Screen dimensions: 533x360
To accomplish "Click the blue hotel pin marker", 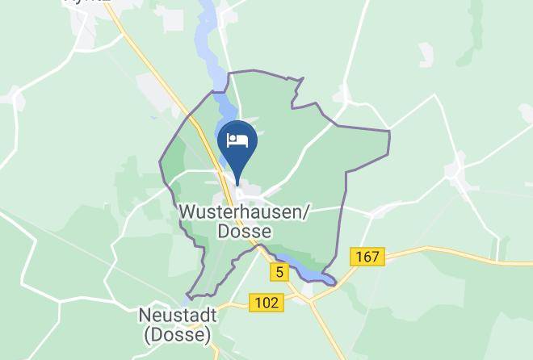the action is (x=237, y=145).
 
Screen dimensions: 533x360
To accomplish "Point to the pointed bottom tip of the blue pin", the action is (x=237, y=183).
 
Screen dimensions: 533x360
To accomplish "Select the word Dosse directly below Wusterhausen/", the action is (x=244, y=231).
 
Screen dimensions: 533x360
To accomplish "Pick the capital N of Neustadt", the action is (x=144, y=314).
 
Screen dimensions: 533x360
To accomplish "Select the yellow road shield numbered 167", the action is (x=367, y=257).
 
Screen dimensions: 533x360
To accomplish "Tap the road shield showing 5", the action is (x=279, y=273).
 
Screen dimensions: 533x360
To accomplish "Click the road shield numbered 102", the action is (x=266, y=303).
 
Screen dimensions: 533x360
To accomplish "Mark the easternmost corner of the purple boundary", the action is (x=389, y=132).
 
